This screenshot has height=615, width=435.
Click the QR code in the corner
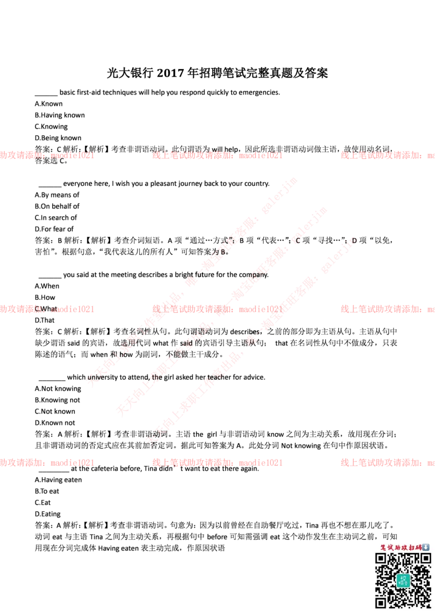[402, 580]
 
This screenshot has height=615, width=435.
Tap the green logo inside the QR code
[402, 580]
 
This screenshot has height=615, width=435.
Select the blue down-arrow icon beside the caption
[426, 547]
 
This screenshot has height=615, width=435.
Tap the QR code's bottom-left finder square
[381, 602]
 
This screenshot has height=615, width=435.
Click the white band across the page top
[217, 36]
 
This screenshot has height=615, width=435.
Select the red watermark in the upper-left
[47, 155]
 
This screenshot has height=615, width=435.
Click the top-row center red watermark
[217, 155]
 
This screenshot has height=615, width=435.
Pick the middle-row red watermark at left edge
[47, 309]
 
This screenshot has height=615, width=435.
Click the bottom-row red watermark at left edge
[47, 462]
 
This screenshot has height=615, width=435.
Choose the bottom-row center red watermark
[217, 462]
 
